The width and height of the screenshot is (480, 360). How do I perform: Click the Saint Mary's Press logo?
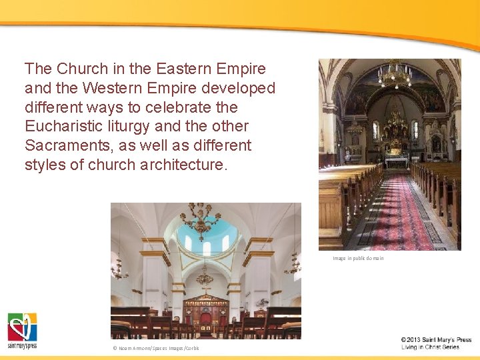[22, 330]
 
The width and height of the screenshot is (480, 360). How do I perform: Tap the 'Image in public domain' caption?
[358, 258]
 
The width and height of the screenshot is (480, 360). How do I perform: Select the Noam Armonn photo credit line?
[155, 348]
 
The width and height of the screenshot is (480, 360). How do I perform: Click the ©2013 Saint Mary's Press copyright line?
[436, 339]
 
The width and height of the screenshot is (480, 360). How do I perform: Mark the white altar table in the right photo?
[396, 161]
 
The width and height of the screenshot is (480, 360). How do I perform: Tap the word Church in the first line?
[79, 69]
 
